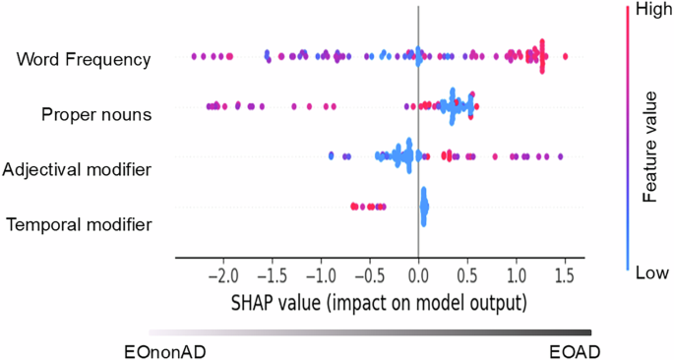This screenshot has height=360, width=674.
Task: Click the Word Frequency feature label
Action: (x=84, y=60)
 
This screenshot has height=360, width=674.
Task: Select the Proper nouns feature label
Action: (x=96, y=114)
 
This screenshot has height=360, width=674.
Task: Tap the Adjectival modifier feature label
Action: (x=77, y=169)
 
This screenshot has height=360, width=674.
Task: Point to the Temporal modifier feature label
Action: (x=80, y=225)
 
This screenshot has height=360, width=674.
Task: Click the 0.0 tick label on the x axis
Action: (x=419, y=272)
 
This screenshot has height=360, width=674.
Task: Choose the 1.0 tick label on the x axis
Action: (x=517, y=272)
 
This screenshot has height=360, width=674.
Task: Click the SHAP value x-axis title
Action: (x=380, y=298)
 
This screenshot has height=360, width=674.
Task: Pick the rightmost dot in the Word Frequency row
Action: (x=565, y=57)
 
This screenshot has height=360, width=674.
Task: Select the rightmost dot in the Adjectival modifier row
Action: (x=561, y=156)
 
